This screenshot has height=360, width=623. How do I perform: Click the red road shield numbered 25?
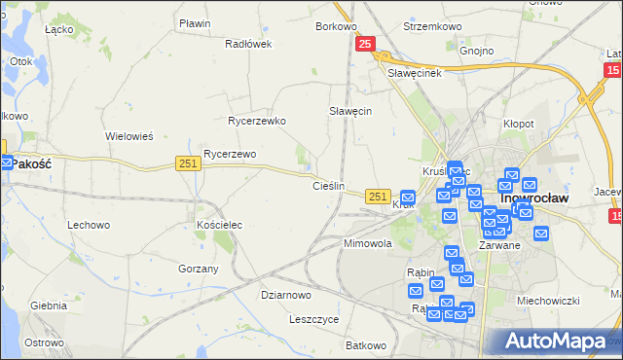pos(365,44)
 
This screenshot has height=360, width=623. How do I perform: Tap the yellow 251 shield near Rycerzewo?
pos(189,164)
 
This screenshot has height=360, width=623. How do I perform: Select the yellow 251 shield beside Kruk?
pos(379,197)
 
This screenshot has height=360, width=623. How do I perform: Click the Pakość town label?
pos(31,164)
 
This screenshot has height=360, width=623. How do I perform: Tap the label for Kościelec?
pos(219,225)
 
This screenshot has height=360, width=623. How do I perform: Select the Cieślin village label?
pos(328,185)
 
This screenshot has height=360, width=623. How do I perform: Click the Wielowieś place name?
pos(129,136)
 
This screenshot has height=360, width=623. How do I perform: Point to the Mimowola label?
pos(368,243)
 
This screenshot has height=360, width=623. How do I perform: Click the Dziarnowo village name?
pos(286,294)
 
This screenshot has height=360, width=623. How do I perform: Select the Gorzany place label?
pos(199,268)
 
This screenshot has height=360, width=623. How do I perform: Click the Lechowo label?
pos(88,225)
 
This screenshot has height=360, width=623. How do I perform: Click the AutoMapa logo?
pos(555,341)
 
